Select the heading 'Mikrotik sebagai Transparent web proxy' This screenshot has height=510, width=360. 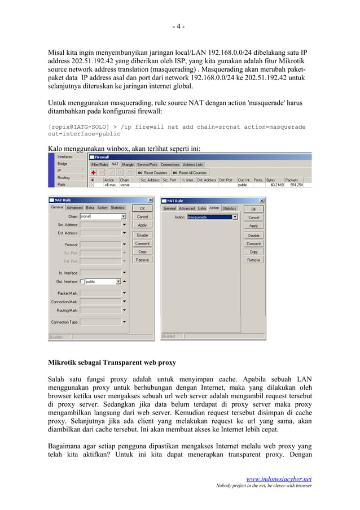pyautogui.click(x=112, y=362)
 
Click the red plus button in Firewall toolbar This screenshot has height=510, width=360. pyautogui.click(x=94, y=172)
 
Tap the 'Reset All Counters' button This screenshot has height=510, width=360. pyautogui.click(x=190, y=172)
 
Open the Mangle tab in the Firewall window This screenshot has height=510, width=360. pyautogui.click(x=128, y=164)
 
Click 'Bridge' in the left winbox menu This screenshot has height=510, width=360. pyautogui.click(x=62, y=164)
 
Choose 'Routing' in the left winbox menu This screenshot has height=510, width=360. pyautogui.click(x=64, y=177)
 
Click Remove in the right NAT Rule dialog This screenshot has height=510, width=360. pyautogui.click(x=254, y=260)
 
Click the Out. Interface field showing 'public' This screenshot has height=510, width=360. pyautogui.click(x=102, y=281)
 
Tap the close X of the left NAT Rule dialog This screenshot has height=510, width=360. pyautogui.click(x=150, y=200)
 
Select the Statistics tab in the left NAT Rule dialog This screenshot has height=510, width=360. pyautogui.click(x=117, y=208)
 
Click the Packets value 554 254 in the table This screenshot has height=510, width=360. pyautogui.click(x=296, y=185)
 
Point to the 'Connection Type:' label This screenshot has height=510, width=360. pyautogui.click(x=64, y=322)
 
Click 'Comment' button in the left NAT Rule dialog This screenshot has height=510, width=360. pyautogui.click(x=142, y=243)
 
